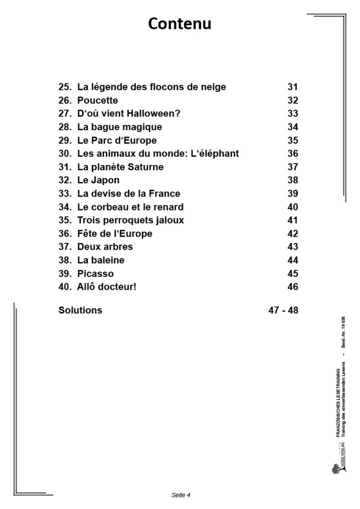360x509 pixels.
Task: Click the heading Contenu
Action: point(179,24)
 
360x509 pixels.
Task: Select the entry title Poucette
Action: point(97,100)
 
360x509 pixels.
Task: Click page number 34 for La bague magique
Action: point(293,127)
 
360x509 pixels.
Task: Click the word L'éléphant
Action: point(211,154)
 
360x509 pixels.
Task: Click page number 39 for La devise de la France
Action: point(293,194)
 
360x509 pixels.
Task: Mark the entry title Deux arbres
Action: point(104,247)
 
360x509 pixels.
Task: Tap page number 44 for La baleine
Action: point(293,260)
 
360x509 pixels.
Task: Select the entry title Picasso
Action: point(95,274)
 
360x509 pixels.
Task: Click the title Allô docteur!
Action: point(106,287)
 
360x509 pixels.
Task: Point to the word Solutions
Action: point(80,310)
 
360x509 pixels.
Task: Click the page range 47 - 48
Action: point(280,310)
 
